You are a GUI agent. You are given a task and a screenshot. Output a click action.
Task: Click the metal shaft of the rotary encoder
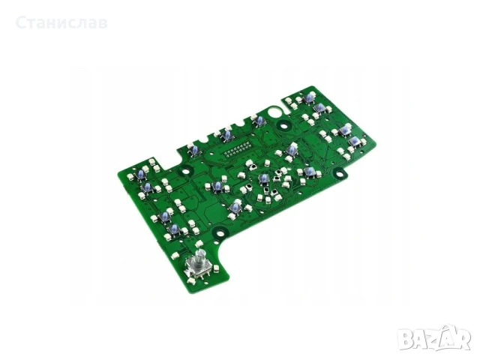point(200,255)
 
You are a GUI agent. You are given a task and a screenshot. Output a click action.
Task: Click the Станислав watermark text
point(61,23)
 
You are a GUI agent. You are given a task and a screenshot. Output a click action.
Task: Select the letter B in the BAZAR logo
point(406,339)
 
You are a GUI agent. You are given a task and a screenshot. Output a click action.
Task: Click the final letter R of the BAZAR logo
point(461,339)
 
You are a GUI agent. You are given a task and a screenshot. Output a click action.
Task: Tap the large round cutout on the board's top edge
point(273,112)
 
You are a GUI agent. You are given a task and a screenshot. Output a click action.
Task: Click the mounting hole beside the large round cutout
point(284,125)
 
